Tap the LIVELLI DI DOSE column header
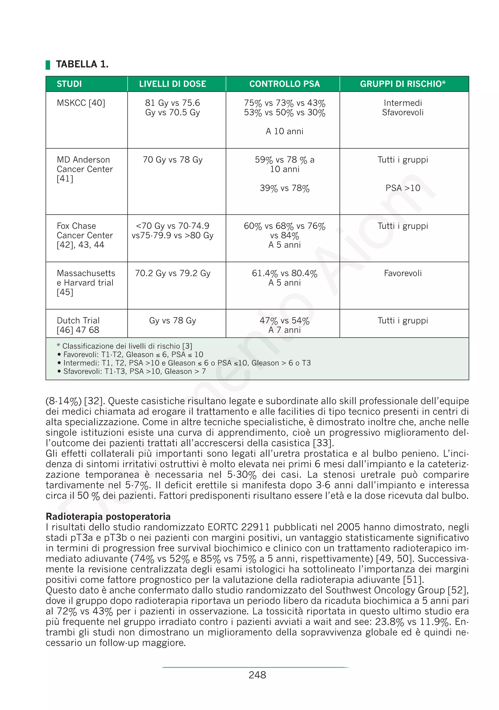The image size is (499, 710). (173, 84)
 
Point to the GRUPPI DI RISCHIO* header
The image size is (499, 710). (403, 84)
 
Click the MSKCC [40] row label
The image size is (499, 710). (81, 103)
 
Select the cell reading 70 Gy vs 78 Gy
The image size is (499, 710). (173, 160)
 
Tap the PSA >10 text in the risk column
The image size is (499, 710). (403, 188)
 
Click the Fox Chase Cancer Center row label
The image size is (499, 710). (85, 235)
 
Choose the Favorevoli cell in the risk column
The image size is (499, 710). (403, 273)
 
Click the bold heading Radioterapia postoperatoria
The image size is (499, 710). (108, 516)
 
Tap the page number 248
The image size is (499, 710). (257, 675)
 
